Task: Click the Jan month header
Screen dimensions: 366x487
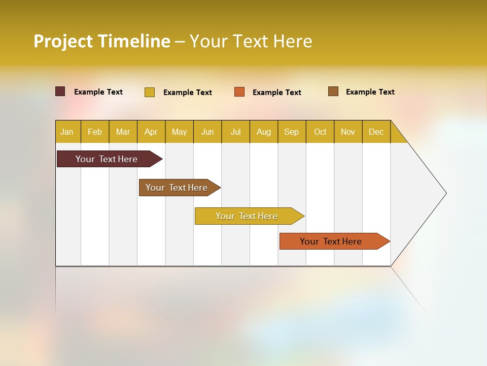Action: tap(67, 132)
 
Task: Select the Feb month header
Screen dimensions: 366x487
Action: tap(95, 132)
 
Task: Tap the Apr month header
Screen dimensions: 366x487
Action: tap(151, 132)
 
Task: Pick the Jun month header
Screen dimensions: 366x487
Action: tap(207, 132)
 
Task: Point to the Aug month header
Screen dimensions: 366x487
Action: tap(264, 132)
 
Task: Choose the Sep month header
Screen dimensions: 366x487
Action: tap(292, 132)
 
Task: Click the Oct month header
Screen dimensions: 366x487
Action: tap(320, 132)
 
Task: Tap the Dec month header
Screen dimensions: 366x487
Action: tap(376, 132)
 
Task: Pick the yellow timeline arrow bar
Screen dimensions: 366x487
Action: tap(247, 216)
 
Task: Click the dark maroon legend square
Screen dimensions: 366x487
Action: tap(60, 91)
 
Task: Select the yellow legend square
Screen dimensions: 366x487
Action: tap(150, 92)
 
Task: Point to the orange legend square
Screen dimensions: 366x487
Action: tap(239, 92)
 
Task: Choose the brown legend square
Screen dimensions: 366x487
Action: tap(333, 91)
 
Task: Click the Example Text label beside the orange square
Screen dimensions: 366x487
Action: tap(277, 93)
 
